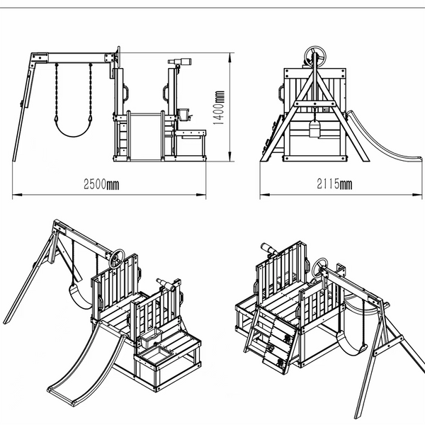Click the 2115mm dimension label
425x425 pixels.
[x=335, y=186]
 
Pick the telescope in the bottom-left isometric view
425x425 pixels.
[x=164, y=283]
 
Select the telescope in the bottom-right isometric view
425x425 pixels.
[x=271, y=249]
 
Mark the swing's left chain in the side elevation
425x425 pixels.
[x=55, y=92]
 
